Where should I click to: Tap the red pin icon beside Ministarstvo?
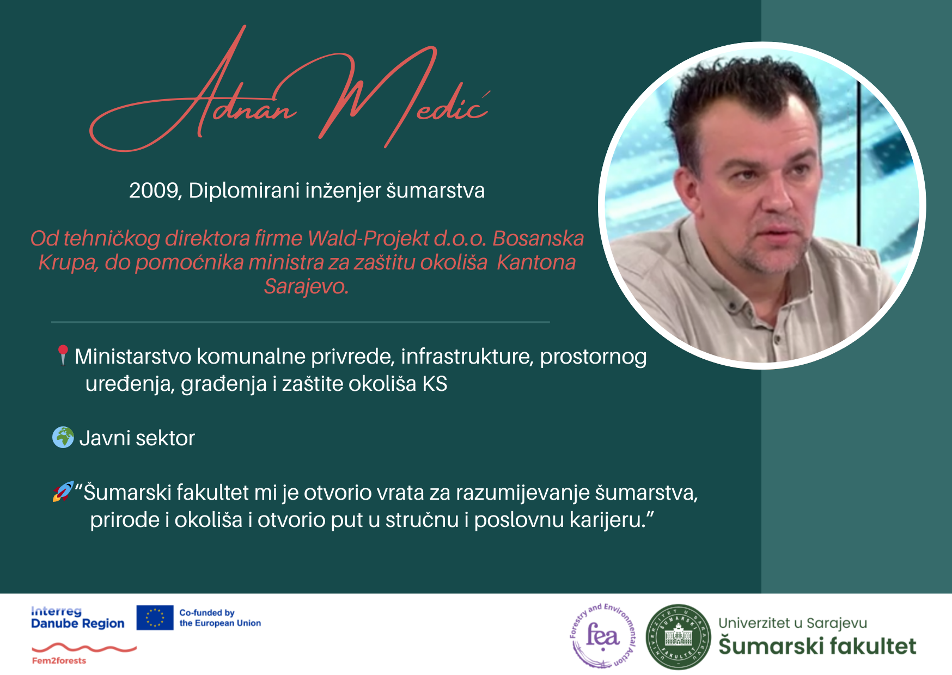(63, 355)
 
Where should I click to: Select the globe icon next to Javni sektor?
(63, 437)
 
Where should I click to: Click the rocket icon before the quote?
(63, 492)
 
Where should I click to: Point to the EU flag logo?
(155, 618)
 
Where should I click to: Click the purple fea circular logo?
(603, 636)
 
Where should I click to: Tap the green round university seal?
(679, 636)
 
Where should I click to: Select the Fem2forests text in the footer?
(59, 661)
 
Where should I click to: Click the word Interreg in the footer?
(56, 611)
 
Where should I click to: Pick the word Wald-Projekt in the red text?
(368, 238)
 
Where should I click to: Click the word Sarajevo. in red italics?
(306, 286)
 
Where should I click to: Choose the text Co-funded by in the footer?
(207, 613)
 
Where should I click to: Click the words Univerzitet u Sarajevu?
(792, 623)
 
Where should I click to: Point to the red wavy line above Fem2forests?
(84, 648)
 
